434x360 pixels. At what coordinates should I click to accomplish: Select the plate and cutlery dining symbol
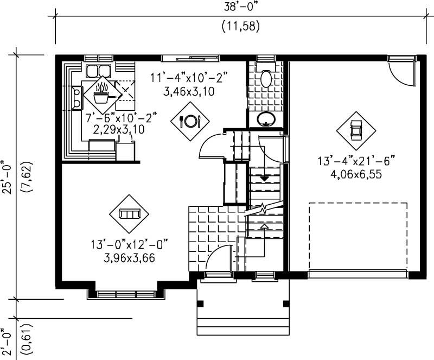[190, 121]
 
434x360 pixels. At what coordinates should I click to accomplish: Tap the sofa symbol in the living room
[129, 214]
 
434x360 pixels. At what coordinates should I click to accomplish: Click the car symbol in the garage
[356, 130]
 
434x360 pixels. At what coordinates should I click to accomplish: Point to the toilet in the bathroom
[266, 79]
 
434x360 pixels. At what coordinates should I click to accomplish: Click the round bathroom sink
[265, 119]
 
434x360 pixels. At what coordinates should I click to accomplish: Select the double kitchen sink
[98, 71]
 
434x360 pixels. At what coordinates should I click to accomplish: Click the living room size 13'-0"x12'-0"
[130, 246]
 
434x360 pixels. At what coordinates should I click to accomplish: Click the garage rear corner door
[401, 71]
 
